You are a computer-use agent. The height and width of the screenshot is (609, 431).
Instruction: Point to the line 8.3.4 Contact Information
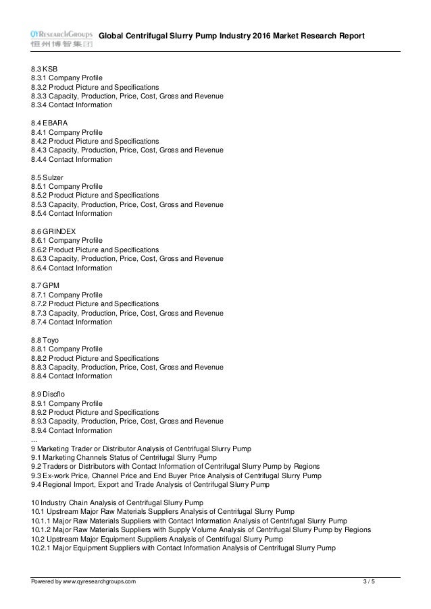[x=72, y=105]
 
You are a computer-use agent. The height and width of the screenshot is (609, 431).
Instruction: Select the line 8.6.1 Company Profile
[x=67, y=240]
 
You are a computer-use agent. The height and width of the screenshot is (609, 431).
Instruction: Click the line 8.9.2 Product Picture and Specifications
[x=95, y=412]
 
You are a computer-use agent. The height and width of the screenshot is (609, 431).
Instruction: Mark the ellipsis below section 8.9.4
[x=34, y=439]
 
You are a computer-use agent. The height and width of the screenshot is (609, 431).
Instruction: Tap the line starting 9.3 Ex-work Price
[x=176, y=475]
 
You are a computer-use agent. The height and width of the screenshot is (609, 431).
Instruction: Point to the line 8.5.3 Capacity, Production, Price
[x=127, y=204]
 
